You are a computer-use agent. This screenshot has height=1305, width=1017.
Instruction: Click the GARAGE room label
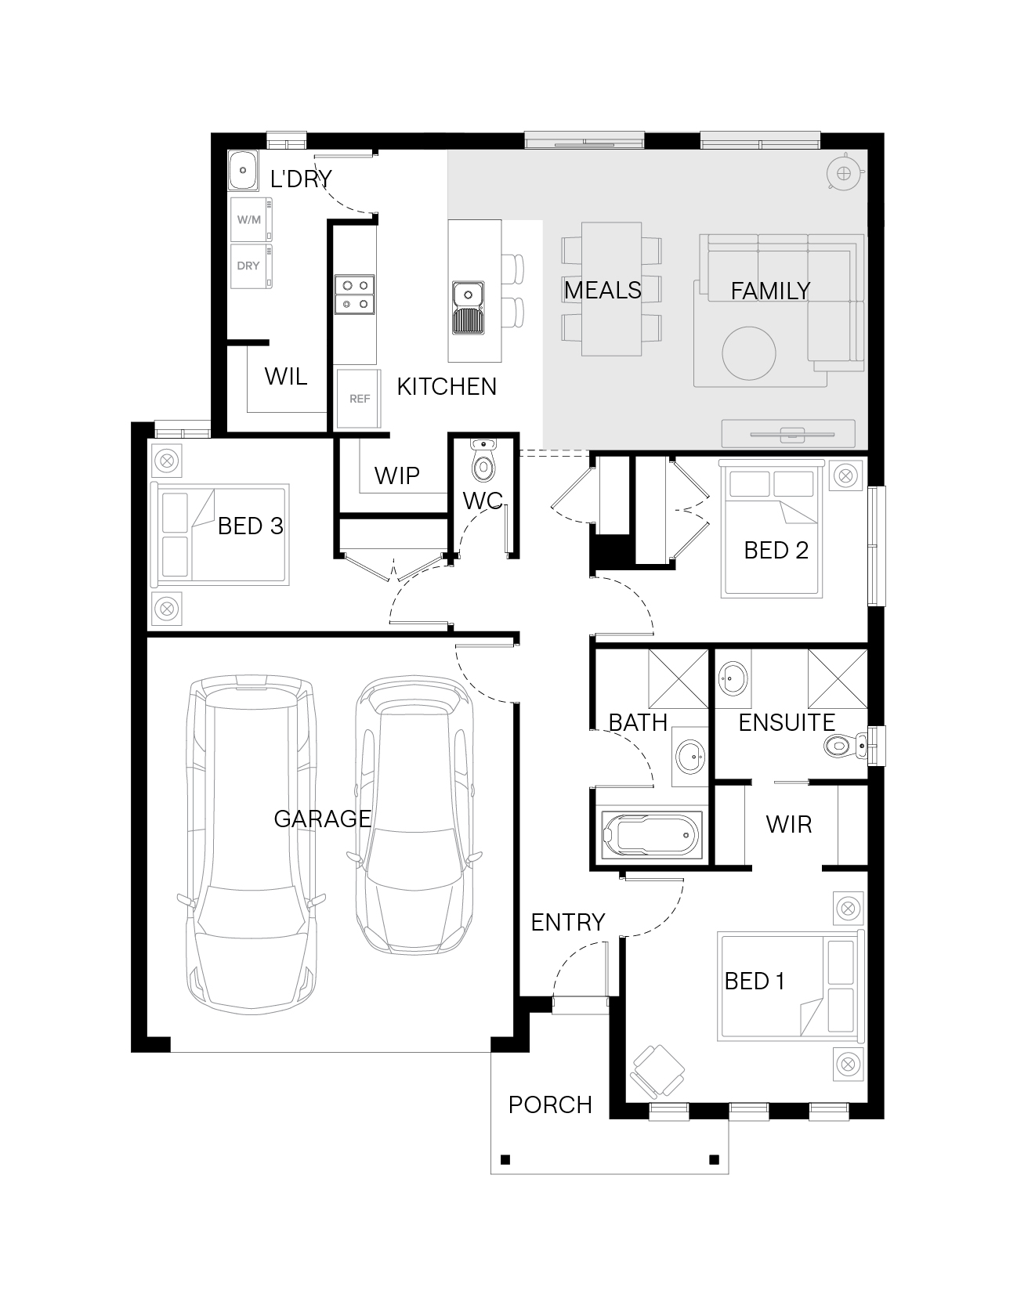[x=322, y=819]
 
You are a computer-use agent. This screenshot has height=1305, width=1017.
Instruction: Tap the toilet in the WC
[x=483, y=462]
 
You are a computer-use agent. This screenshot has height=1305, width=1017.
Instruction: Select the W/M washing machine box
[x=252, y=219]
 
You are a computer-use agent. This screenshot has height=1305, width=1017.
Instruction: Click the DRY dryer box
[x=252, y=266]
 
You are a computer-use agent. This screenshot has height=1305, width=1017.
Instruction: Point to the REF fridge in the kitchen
[x=358, y=399]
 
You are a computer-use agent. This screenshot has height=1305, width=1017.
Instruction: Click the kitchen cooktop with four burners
[x=355, y=295]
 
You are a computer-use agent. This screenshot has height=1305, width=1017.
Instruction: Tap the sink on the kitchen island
[x=468, y=308]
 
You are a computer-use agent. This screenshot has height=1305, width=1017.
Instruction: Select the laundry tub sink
[x=244, y=170]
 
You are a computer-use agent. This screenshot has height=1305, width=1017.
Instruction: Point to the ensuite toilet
[x=845, y=746]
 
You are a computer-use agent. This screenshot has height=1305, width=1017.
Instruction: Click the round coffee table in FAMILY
[x=749, y=352]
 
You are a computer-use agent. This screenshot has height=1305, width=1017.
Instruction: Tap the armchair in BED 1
[x=657, y=1072]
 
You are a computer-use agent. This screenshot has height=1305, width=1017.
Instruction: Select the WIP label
[x=396, y=475]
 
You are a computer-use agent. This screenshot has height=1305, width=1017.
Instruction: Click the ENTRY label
[x=568, y=922]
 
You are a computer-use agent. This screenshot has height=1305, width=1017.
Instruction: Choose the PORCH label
[x=550, y=1104]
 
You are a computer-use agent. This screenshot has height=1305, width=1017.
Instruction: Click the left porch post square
[x=505, y=1159]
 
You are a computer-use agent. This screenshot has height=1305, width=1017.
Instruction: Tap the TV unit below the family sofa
[x=788, y=433]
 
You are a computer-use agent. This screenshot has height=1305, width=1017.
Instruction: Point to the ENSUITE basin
[x=733, y=677]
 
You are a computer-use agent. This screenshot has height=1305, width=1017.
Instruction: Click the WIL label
[x=286, y=377]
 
